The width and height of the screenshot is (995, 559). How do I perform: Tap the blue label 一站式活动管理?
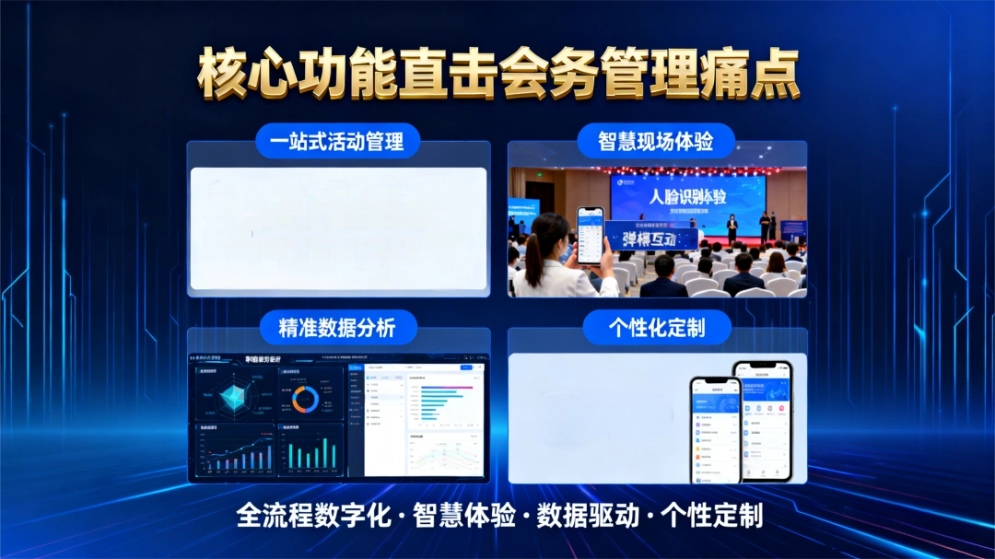337,143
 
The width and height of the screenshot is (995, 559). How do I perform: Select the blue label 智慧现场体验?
656,142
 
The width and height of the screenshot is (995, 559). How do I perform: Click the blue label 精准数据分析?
336,326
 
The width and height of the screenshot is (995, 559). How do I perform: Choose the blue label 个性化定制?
656,326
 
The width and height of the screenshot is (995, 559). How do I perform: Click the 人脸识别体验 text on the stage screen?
687,196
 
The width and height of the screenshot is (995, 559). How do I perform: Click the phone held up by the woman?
590,235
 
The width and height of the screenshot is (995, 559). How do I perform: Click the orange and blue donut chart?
305,398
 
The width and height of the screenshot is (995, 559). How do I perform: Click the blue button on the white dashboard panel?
466,367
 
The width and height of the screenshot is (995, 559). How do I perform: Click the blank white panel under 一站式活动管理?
338,228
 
